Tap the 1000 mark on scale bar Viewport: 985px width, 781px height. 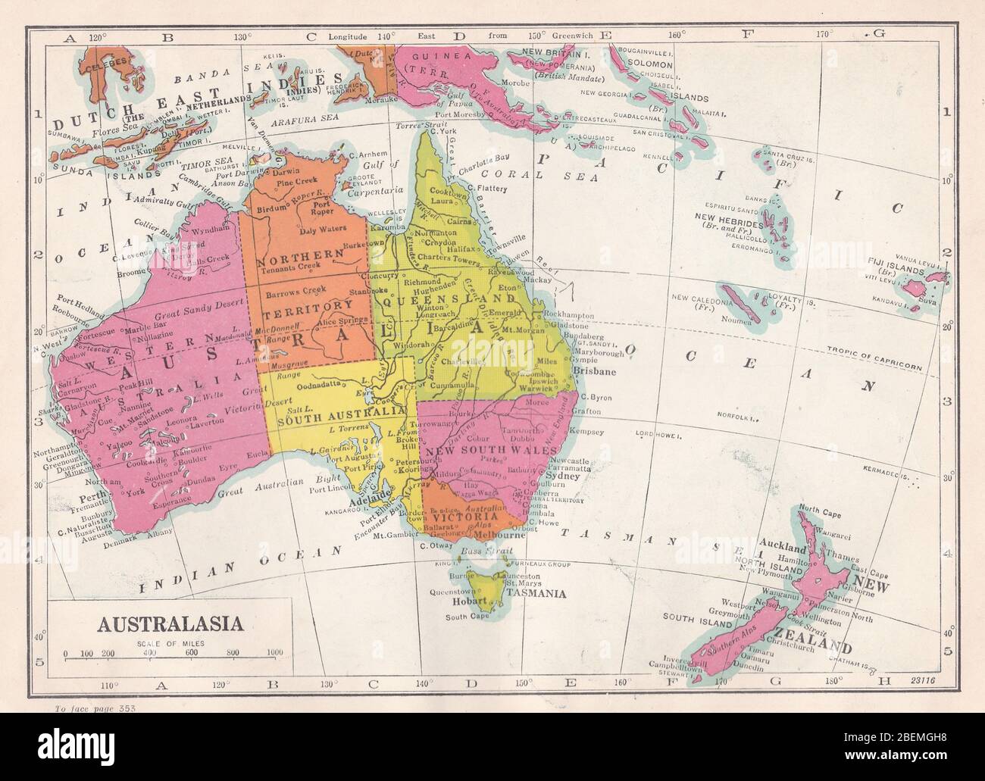[x=274, y=652]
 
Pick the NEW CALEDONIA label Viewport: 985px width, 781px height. [x=699, y=297]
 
